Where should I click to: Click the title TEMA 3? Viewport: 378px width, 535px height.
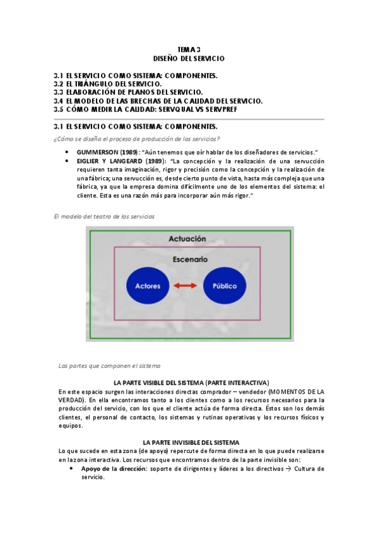click(x=189, y=49)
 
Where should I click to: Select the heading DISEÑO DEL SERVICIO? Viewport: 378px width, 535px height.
click(x=189, y=58)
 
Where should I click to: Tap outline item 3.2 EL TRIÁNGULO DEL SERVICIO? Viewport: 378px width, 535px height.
click(x=108, y=83)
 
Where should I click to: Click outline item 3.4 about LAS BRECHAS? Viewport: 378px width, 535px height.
click(x=158, y=100)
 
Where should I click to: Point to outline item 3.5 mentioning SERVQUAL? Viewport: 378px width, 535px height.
click(x=149, y=109)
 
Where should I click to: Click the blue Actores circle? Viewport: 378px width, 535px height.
click(x=148, y=286)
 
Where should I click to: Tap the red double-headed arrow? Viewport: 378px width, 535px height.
click(x=186, y=286)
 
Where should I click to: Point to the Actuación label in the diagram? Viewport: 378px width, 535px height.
click(x=187, y=239)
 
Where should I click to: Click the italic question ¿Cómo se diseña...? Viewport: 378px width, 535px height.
click(x=136, y=139)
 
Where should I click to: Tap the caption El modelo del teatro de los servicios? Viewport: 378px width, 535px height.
click(x=104, y=216)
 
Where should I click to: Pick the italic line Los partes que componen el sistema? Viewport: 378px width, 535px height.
click(x=109, y=365)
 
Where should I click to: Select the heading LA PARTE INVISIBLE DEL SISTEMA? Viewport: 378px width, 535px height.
click(x=191, y=442)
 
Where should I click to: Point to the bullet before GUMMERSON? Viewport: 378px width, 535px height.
click(x=67, y=153)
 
